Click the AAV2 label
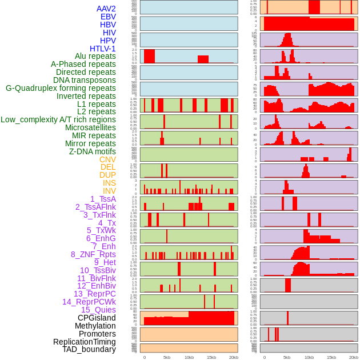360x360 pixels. (106, 9)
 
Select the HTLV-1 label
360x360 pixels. (103, 49)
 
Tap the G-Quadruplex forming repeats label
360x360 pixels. (61, 88)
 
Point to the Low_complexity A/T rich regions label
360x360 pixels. (58, 119)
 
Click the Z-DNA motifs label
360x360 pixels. (93, 151)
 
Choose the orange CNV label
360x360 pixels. (107, 159)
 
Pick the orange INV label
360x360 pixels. (109, 191)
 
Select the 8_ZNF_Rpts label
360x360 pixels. (93, 254)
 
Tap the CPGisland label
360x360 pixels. (97, 318)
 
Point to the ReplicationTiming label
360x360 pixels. (84, 342)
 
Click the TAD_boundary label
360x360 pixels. (89, 349)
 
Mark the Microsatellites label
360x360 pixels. (90, 127)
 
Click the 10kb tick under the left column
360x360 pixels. (189, 357)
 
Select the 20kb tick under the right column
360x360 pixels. (354, 357)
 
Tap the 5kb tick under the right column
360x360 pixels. (287, 357)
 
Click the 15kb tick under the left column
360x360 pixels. (211, 357)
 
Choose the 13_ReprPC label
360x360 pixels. (94, 294)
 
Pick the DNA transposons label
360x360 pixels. (85, 80)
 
